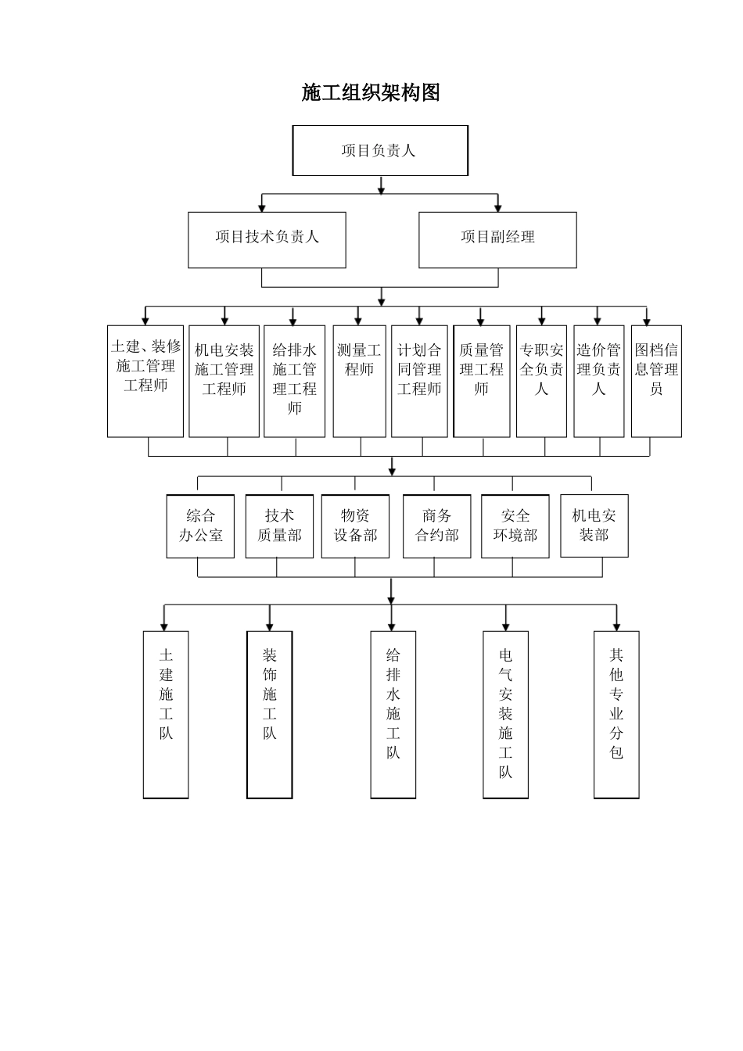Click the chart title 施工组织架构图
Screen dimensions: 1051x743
(371, 92)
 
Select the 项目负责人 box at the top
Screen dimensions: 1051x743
(380, 150)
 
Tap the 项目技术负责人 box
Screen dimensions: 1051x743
(267, 239)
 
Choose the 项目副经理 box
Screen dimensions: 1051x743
(497, 239)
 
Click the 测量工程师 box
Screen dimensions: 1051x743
(359, 381)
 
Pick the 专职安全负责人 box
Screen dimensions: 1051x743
(541, 381)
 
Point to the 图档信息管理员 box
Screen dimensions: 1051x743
(656, 381)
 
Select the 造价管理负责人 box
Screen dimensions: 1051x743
(598, 381)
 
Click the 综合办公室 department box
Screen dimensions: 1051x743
(200, 525)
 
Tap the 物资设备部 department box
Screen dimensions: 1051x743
(355, 525)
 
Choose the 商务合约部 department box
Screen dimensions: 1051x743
(436, 525)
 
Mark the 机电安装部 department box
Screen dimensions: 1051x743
(594, 525)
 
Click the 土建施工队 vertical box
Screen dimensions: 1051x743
(166, 714)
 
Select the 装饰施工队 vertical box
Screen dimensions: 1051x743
(269, 714)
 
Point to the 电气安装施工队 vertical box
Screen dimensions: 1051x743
(505, 714)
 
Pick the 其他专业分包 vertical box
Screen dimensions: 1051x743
(616, 714)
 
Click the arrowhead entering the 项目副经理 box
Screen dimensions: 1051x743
(498, 207)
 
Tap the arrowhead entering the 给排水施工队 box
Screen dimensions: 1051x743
(392, 626)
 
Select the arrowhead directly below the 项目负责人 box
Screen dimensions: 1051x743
(381, 188)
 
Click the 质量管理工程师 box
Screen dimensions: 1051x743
(481, 381)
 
